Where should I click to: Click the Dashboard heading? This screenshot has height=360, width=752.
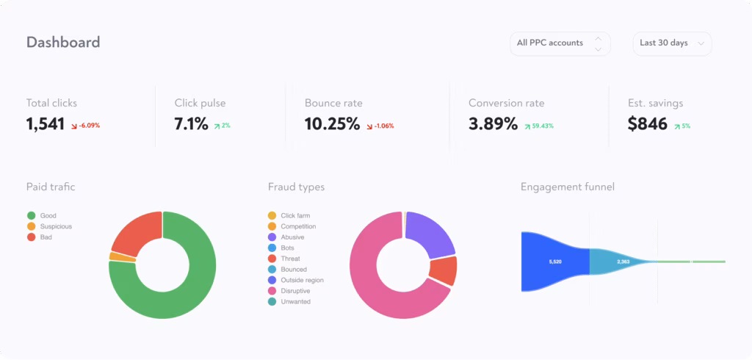coord(63,43)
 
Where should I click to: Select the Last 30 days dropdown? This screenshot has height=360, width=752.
coord(671,43)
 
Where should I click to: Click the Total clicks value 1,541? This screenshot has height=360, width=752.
coord(46,124)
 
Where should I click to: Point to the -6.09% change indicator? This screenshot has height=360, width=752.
coord(85,126)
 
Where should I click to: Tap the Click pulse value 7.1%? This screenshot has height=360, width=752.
coord(191,124)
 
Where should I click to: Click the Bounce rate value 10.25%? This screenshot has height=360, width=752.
coord(332,124)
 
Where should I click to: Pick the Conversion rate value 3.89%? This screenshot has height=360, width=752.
coord(493,124)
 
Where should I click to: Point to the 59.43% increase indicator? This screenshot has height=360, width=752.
coord(539,126)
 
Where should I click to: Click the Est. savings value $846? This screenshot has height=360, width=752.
coord(648,124)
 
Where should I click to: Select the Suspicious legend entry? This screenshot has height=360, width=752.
coord(56,226)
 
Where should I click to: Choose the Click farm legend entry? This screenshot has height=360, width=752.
coord(295,215)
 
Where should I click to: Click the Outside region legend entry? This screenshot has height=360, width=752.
coord(302,280)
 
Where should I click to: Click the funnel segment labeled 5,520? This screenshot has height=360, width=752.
coord(555,262)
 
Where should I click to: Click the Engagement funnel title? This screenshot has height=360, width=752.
coord(567,187)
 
